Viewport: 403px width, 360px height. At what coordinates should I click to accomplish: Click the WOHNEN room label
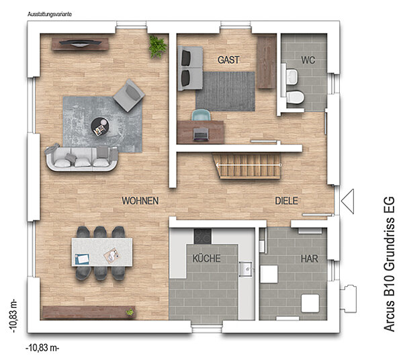click(x=140, y=201)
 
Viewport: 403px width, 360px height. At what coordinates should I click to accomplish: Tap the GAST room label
click(x=228, y=60)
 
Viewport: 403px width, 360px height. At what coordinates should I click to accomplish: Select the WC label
click(x=308, y=60)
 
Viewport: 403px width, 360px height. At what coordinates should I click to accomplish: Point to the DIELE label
click(x=287, y=201)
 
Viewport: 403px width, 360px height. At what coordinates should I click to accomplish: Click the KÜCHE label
click(x=207, y=258)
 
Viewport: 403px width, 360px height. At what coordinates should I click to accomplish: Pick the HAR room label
click(x=310, y=259)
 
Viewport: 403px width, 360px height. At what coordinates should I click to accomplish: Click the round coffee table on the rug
click(x=100, y=126)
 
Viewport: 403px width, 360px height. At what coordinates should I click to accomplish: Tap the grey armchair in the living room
click(x=129, y=95)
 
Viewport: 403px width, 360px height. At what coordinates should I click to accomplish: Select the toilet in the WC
click(x=295, y=97)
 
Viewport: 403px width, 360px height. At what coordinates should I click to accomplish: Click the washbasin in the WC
click(x=292, y=77)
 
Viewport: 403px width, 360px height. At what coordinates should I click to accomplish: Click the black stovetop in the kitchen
click(x=203, y=236)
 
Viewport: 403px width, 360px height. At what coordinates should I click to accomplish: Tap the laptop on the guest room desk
click(x=201, y=134)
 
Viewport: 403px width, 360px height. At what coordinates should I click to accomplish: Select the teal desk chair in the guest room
click(x=201, y=115)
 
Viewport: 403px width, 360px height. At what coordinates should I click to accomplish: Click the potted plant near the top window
click(x=158, y=46)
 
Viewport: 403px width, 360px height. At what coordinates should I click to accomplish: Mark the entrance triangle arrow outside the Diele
click(x=347, y=201)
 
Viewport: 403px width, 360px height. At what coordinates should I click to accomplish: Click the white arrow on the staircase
click(x=249, y=165)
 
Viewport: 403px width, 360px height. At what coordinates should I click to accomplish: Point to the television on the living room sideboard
click(x=80, y=43)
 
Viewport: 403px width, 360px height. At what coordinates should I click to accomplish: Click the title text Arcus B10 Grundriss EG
click(x=389, y=264)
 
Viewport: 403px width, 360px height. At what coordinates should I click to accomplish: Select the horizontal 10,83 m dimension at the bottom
click(x=42, y=348)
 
